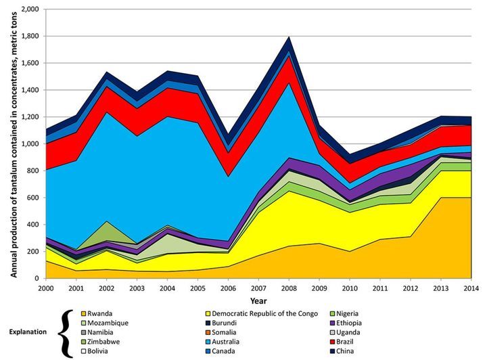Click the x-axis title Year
257,299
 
